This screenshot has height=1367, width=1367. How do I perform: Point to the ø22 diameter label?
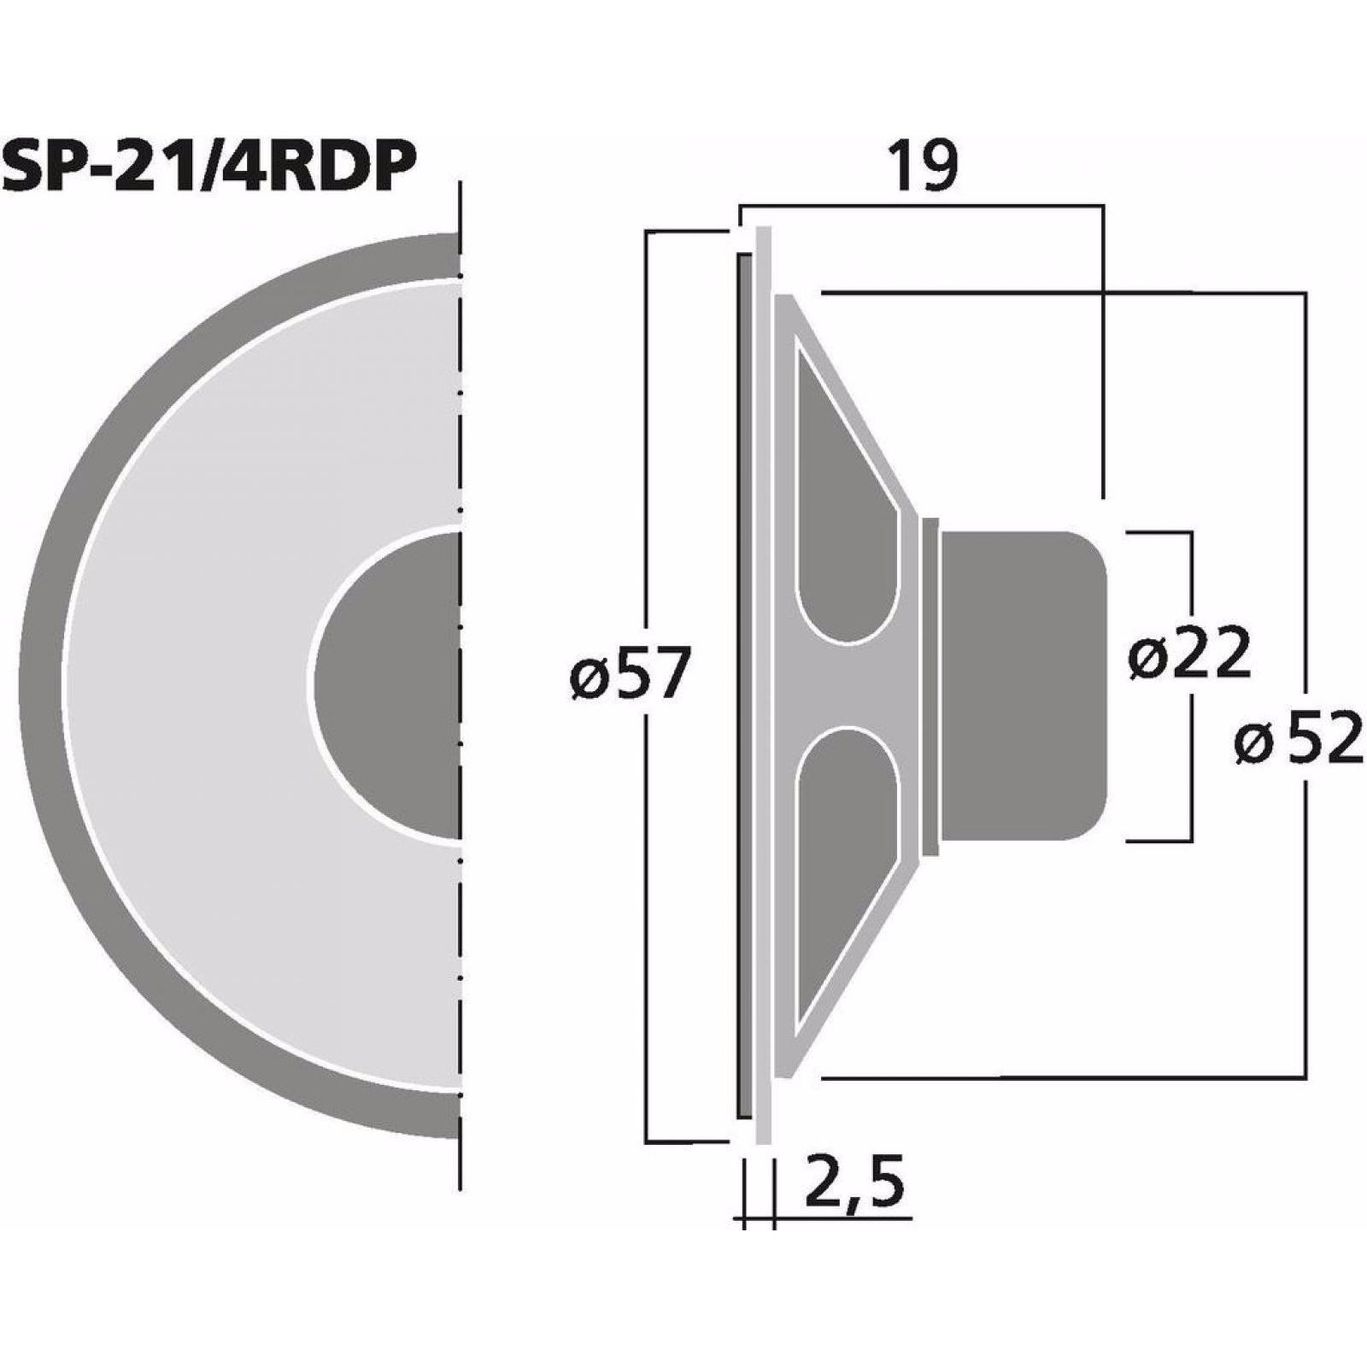coord(1190,652)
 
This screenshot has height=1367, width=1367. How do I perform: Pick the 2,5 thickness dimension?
coord(854,1182)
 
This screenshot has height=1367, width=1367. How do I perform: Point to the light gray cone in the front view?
coord(214,683)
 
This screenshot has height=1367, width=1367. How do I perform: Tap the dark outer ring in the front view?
coord(51,683)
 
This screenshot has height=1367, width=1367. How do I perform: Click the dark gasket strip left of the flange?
coord(745,683)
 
